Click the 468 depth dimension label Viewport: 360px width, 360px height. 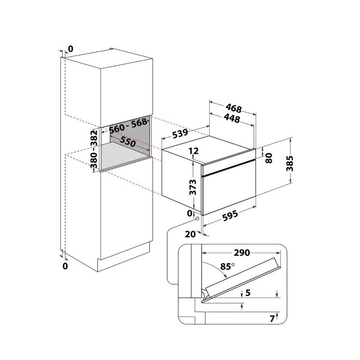point(234,108)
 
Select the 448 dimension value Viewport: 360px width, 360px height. point(232,118)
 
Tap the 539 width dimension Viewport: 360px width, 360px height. point(180,133)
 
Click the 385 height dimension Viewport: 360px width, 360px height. point(290,163)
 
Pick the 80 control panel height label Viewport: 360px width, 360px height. point(269,158)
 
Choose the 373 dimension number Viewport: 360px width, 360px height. point(193,187)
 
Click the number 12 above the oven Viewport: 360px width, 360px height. point(194,151)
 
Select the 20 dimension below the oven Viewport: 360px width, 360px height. point(190,234)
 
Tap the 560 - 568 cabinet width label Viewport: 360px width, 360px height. point(128,126)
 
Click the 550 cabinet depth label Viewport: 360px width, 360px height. point(127,142)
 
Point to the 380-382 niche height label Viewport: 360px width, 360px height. point(94,149)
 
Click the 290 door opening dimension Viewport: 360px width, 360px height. point(242,253)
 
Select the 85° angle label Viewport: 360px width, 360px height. point(228,266)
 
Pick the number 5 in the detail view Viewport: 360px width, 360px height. point(248,293)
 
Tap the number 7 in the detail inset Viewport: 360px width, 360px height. point(272,319)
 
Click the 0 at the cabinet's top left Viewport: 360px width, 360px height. point(71,49)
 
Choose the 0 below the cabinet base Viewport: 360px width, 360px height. point(65,266)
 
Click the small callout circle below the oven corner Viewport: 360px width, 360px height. point(197,219)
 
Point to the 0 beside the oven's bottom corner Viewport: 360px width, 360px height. point(189,213)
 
